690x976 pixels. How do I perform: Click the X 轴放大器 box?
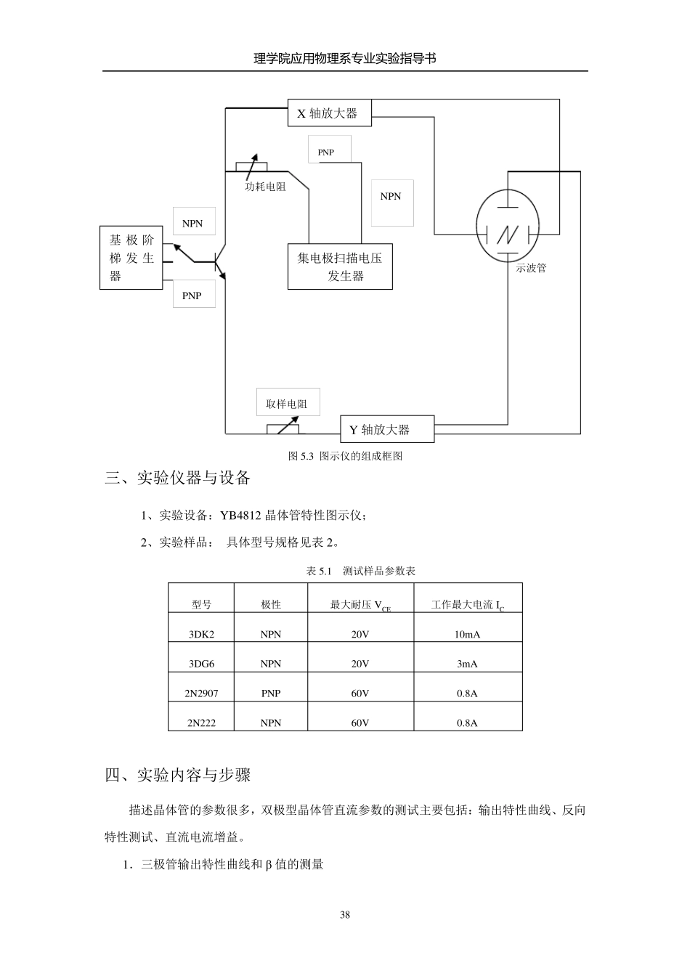329,113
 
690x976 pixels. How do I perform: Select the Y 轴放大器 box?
387,429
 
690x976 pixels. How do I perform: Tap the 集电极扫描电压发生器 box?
340,267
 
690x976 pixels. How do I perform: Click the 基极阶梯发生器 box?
131,258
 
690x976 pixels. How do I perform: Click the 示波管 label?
531,268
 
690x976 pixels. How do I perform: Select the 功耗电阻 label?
265,187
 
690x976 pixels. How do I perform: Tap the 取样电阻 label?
287,404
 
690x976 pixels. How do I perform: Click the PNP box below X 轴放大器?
329,150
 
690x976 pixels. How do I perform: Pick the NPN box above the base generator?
193,223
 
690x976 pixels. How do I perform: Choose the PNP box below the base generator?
193,295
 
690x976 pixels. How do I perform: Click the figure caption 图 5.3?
345,456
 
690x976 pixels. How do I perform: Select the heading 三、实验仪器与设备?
178,478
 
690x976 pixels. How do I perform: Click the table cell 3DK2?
201,634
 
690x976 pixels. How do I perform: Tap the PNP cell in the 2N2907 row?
270,694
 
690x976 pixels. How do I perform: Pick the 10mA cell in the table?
467,634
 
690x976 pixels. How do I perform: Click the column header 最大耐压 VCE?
360,605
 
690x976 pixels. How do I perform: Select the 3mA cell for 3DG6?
467,664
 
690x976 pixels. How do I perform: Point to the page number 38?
345,914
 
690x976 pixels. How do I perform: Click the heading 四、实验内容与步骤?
178,775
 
